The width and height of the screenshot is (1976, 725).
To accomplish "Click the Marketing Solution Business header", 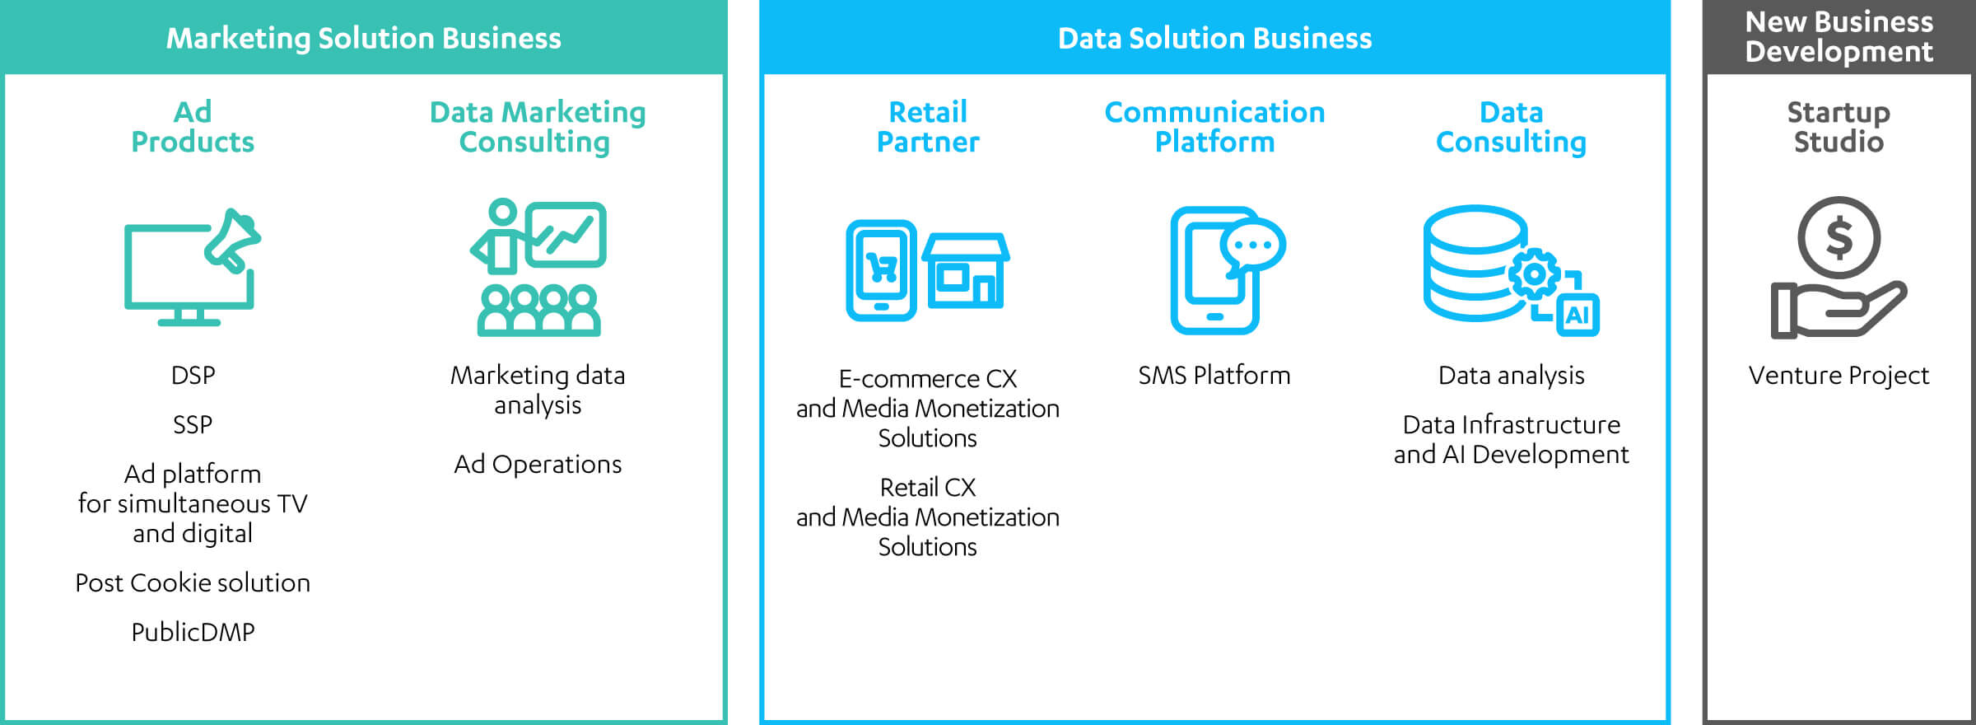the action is click(x=364, y=38).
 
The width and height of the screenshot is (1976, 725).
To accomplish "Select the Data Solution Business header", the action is click(x=1214, y=38).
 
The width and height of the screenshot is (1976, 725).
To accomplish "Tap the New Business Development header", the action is click(x=1839, y=37).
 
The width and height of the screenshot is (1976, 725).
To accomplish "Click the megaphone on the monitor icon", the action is click(x=232, y=240).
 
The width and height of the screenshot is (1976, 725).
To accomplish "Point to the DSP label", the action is click(x=193, y=375).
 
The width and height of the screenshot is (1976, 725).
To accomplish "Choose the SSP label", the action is click(x=193, y=424).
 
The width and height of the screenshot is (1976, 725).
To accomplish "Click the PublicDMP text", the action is click(x=193, y=632).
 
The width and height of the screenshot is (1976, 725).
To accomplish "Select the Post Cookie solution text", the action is click(x=193, y=582).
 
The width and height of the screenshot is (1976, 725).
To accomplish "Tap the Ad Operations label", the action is click(x=538, y=464).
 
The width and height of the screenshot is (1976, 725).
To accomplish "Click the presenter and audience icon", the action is click(x=538, y=267).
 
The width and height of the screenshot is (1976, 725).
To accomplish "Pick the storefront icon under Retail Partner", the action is click(x=966, y=270).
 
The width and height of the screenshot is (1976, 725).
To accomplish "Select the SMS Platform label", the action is click(x=1214, y=375).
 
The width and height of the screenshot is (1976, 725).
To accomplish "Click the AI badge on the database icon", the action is click(x=1578, y=315).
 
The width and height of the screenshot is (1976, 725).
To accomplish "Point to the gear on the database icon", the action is click(x=1535, y=274).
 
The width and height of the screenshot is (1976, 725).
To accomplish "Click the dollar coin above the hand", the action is click(x=1839, y=237).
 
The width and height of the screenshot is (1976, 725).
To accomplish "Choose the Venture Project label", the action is click(x=1839, y=375).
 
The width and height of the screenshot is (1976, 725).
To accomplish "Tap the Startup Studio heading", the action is click(x=1839, y=127).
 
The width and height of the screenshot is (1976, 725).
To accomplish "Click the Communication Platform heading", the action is click(x=1214, y=127).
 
